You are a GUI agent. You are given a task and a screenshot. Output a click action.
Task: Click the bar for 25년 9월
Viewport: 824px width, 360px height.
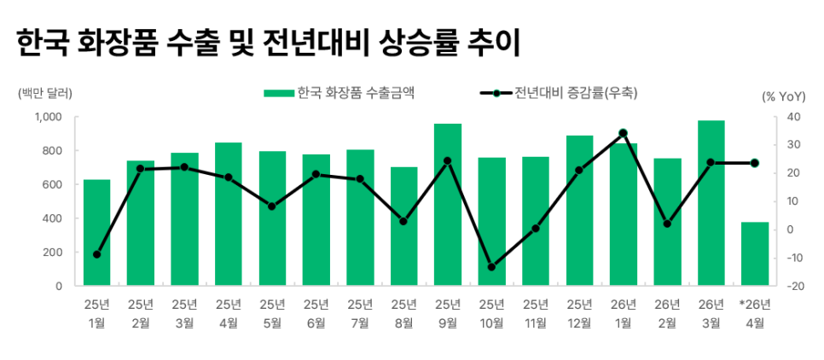click(x=448, y=205)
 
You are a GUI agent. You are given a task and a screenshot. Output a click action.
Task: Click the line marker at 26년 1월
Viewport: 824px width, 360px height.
click(x=624, y=133)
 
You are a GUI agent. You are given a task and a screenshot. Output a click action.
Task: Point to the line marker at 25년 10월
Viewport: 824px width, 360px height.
click(x=491, y=267)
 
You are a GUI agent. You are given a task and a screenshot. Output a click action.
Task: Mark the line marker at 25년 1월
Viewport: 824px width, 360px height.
click(x=96, y=254)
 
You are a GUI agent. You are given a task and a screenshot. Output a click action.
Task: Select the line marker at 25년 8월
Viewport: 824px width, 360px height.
click(x=403, y=222)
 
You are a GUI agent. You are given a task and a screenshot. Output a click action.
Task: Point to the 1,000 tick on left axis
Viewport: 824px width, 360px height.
click(x=48, y=117)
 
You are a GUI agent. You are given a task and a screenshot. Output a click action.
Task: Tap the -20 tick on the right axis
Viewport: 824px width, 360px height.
click(x=793, y=286)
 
